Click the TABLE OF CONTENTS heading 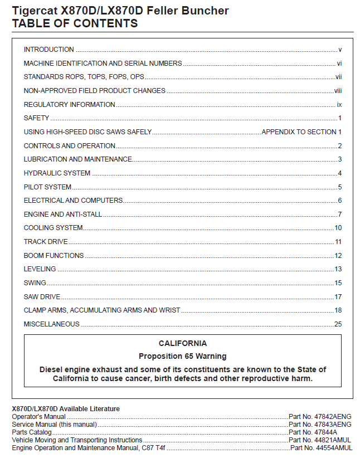[75, 23]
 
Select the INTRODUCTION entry [49, 50]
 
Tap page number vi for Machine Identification [339, 64]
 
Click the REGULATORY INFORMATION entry [69, 105]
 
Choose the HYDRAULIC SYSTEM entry [57, 173]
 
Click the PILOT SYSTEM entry [47, 187]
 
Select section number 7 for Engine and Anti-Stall [339, 215]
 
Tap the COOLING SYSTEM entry [53, 228]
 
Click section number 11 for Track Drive [338, 242]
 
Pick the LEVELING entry [40, 269]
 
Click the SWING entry [35, 283]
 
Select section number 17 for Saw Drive [338, 297]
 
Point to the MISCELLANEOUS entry [51, 324]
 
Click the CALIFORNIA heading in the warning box [182, 344]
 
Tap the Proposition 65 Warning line [182, 356]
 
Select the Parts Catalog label [32, 432]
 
